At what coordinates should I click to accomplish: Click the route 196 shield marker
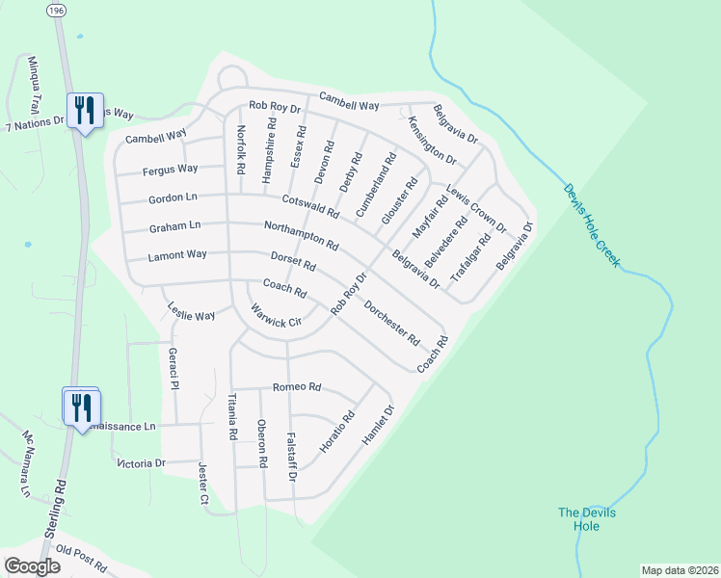click(x=58, y=8)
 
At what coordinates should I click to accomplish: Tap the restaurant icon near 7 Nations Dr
click(x=83, y=111)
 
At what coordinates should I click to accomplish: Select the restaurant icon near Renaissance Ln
click(x=81, y=407)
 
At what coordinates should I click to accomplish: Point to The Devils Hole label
click(x=587, y=519)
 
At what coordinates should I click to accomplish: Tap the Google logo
click(x=33, y=565)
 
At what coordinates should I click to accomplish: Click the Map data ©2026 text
click(x=679, y=569)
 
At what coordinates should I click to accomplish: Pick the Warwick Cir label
click(x=277, y=316)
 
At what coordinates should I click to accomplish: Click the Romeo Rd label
click(x=296, y=387)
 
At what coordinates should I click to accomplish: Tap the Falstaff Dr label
click(x=292, y=457)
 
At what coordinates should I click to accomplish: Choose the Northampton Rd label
click(x=301, y=235)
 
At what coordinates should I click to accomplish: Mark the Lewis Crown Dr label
click(x=475, y=207)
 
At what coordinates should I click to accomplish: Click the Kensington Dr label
click(x=431, y=140)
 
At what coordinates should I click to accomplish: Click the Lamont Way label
click(x=177, y=256)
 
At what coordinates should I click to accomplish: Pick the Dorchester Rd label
click(x=392, y=324)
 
